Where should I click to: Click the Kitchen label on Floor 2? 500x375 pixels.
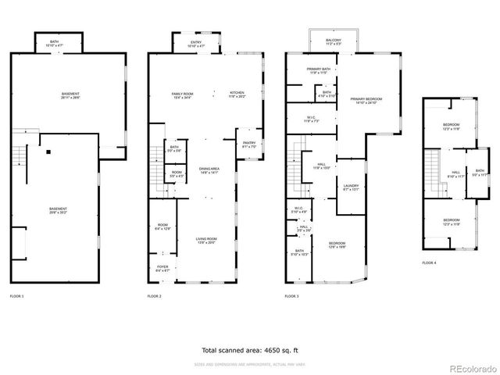pyautogui.click(x=237, y=95)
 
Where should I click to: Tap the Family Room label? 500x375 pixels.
pyautogui.click(x=183, y=95)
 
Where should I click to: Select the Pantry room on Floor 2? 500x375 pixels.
pyautogui.click(x=249, y=143)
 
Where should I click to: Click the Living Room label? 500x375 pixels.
pyautogui.click(x=205, y=241)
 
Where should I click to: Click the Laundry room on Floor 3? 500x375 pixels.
pyautogui.click(x=351, y=187)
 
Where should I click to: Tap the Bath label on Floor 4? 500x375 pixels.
pyautogui.click(x=479, y=172)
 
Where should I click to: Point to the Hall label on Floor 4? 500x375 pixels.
pyautogui.click(x=455, y=174)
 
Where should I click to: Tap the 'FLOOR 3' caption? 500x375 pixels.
pyautogui.click(x=291, y=296)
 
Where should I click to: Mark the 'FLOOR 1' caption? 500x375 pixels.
pyautogui.click(x=17, y=296)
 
